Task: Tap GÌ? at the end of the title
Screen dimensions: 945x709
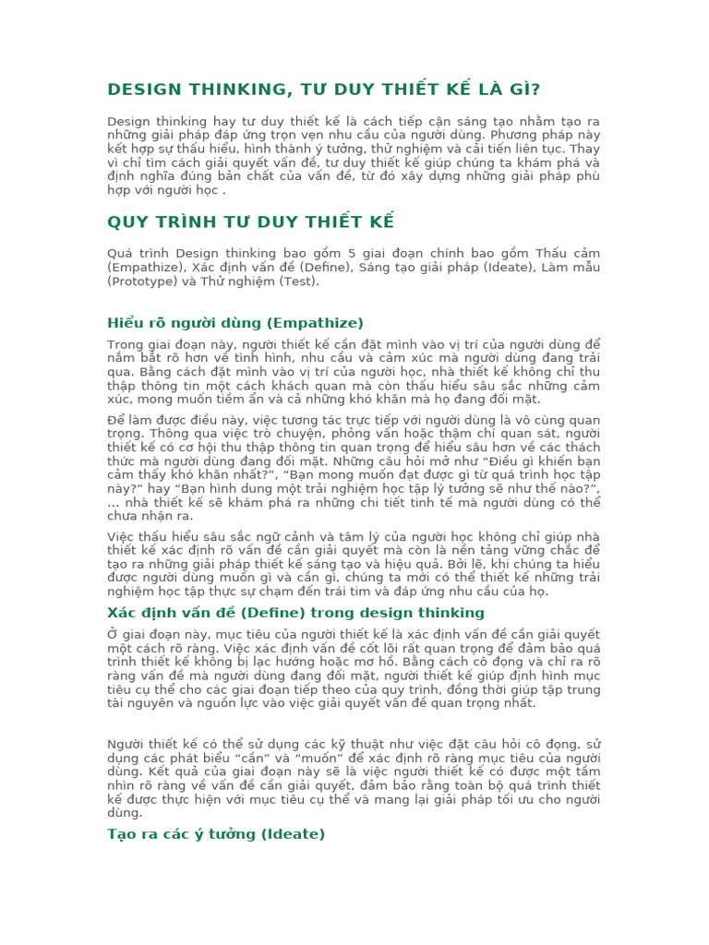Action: pos(522,90)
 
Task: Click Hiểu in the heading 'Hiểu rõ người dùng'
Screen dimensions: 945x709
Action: pos(126,323)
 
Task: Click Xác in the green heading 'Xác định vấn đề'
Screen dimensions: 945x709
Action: pos(122,613)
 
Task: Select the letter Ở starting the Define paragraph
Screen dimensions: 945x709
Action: pos(112,635)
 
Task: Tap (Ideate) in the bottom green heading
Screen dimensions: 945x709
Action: pos(294,834)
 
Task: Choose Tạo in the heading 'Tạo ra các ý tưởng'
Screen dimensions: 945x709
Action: pos(121,834)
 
